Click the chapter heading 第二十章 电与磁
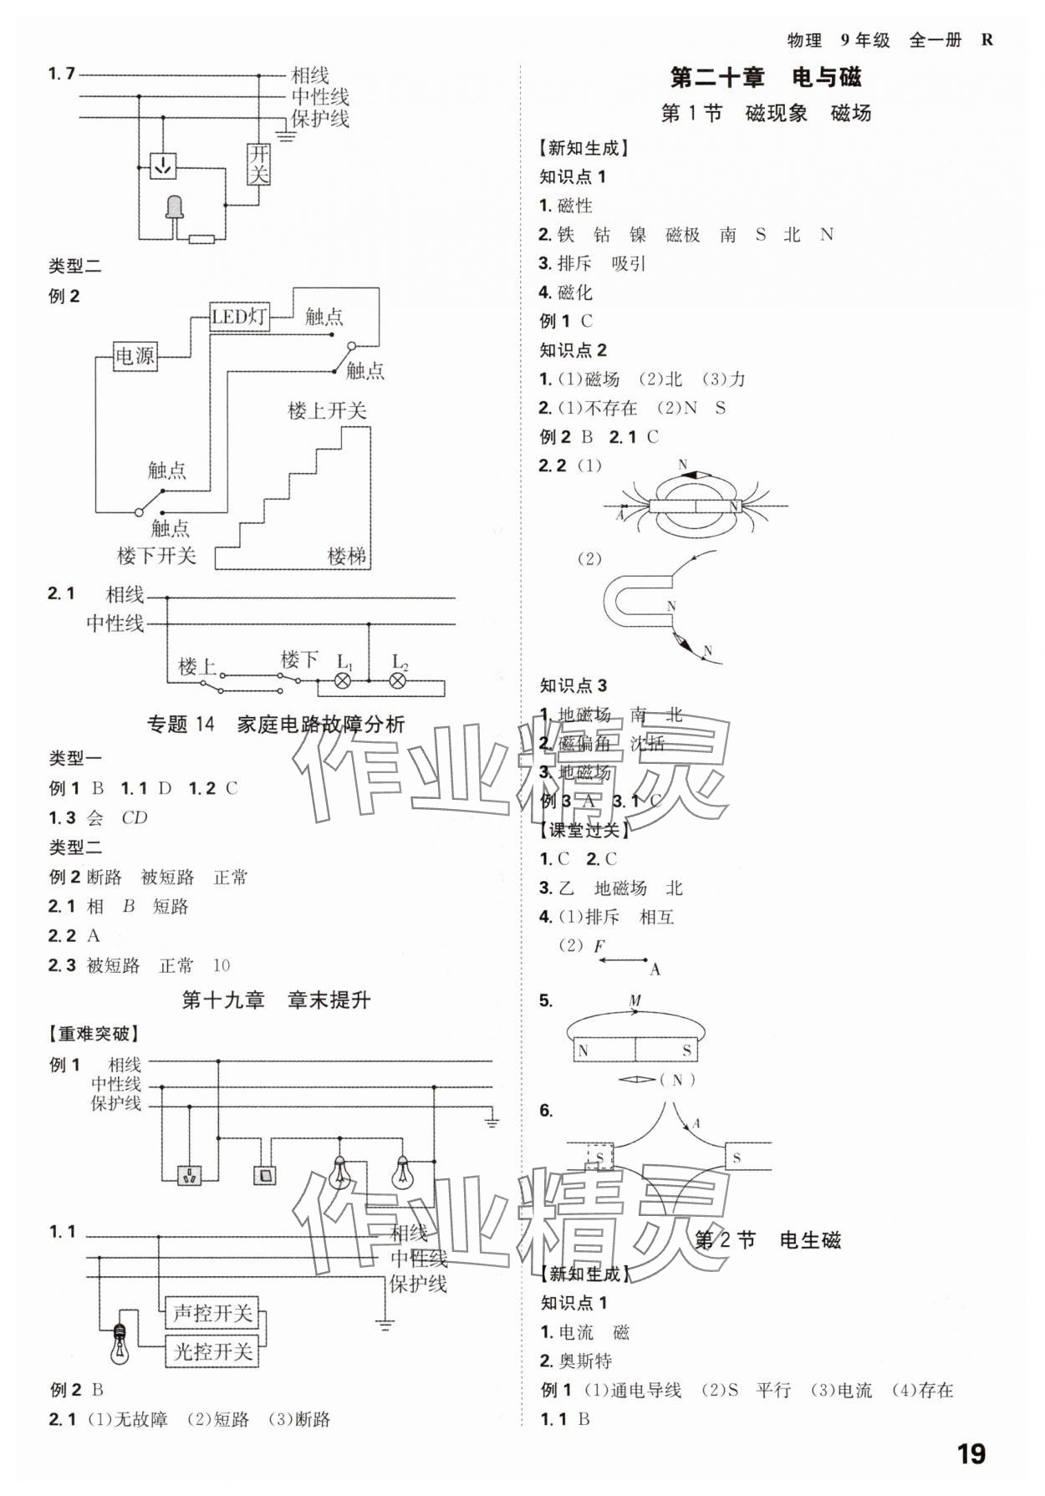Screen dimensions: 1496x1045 tap(765, 78)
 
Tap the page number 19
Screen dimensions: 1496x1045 tap(971, 1454)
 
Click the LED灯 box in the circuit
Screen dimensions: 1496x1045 tap(239, 317)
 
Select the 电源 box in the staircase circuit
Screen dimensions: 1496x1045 tap(135, 357)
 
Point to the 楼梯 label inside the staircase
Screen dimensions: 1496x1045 tap(347, 556)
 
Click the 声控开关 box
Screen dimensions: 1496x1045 tap(212, 1314)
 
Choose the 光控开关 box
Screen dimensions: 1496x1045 tap(212, 1351)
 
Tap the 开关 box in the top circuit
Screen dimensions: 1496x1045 tap(259, 165)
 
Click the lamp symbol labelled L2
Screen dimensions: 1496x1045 tap(398, 681)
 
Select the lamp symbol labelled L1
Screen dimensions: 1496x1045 tap(342, 681)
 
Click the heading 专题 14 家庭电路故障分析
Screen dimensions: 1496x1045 tap(276, 725)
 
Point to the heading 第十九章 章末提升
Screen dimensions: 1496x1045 tap(276, 1000)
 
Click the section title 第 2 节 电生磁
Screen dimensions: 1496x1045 tap(767, 1240)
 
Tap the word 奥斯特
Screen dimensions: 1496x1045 tap(585, 1361)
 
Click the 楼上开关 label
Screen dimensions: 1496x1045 tap(327, 411)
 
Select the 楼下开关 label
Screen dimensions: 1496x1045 tap(156, 556)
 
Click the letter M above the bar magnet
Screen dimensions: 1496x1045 tap(635, 1000)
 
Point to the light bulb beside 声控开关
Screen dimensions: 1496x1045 tap(120, 1344)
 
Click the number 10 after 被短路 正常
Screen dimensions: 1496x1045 tap(221, 966)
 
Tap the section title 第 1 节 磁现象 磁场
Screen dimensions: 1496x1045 tap(766, 114)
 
